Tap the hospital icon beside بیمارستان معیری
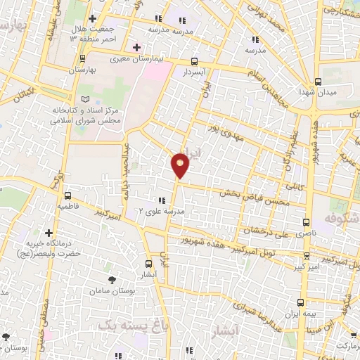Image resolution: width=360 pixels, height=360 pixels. (136, 46)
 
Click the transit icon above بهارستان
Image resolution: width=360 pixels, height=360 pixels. (84, 58)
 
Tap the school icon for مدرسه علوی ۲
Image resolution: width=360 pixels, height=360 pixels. (162, 200)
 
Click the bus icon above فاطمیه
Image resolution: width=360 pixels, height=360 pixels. (68, 196)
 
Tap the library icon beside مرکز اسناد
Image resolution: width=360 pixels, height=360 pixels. (85, 100)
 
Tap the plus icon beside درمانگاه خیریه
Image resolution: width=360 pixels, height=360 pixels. (49, 232)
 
